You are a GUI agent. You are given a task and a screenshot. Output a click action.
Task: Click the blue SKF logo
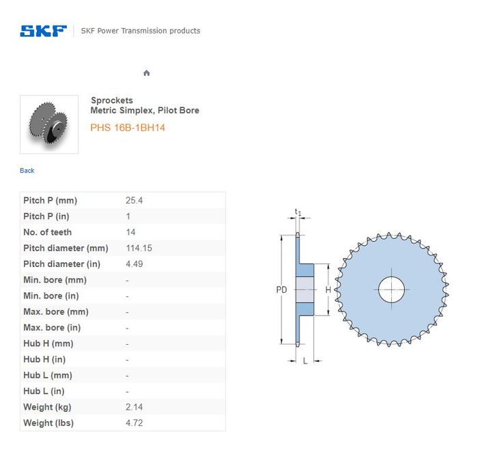pos(43,31)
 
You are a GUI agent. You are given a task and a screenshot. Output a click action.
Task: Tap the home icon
pos(147,73)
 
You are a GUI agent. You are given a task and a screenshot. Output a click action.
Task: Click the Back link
pos(27,171)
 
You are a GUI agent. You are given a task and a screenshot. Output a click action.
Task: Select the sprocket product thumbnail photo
pos(49,124)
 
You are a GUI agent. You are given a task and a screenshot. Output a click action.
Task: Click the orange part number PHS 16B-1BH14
pos(128,128)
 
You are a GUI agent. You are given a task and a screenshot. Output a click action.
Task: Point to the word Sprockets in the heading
pos(112,100)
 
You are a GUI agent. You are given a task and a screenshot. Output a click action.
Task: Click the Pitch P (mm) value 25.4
pos(134,200)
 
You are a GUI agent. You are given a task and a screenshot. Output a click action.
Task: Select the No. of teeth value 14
pos(131,232)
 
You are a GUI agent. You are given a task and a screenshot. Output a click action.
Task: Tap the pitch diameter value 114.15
pos(139,248)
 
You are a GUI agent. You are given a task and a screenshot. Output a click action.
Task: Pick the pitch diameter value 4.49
pos(135,264)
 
